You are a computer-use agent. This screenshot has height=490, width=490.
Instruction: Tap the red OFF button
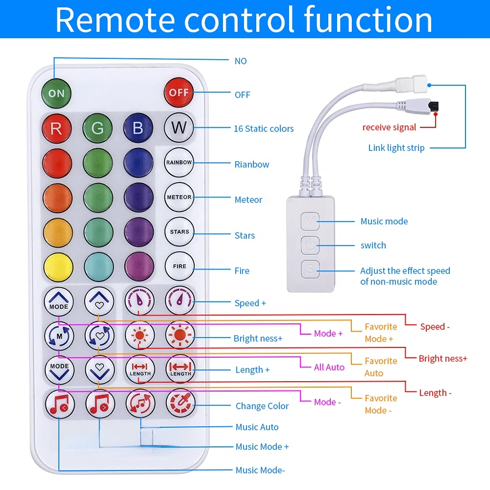[x=179, y=93]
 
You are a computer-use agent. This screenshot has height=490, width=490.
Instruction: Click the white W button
[x=179, y=127]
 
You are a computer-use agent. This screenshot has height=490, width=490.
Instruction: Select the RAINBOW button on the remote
[x=179, y=163]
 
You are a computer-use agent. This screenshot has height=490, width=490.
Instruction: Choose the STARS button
[x=179, y=232]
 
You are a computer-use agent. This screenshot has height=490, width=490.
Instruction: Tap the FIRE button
[x=180, y=266]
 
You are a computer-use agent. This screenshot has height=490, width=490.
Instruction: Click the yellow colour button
[x=58, y=267]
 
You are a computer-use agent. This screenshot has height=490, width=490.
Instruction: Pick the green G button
[x=98, y=128]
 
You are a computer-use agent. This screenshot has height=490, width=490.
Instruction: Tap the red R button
[x=56, y=128]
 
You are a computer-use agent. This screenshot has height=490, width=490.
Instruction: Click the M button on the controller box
[x=310, y=221]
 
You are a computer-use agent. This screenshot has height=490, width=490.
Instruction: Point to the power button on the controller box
[x=310, y=245]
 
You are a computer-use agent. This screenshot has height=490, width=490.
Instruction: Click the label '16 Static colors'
[x=264, y=128]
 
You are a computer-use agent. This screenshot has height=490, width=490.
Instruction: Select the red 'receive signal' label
[x=389, y=127]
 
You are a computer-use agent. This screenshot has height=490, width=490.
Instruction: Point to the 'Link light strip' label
[x=396, y=147]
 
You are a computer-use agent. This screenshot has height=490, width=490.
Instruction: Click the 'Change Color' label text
[x=262, y=406]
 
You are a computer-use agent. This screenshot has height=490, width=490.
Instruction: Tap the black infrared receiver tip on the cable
[x=434, y=106]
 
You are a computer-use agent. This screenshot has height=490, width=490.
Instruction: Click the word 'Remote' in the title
[x=115, y=20]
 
